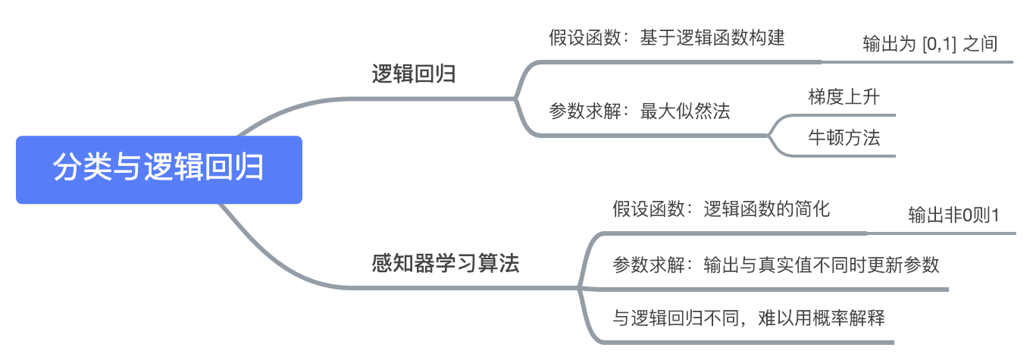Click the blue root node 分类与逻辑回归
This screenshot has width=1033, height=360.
[158, 169]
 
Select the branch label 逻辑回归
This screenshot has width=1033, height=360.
[414, 74]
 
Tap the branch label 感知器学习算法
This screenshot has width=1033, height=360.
[446, 264]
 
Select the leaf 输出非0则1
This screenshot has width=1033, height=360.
[953, 215]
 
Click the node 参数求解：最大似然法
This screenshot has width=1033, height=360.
[639, 112]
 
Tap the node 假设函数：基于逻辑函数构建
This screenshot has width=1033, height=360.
[666, 38]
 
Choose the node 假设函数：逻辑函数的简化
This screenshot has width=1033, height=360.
[721, 208]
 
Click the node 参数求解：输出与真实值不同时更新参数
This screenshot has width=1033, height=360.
[775, 265]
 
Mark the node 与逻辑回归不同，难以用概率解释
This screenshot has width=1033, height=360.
[748, 318]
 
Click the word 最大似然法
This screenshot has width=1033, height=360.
[685, 112]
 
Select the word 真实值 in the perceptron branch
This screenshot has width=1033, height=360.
[803, 265]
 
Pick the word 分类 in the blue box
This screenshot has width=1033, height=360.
[75, 169]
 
